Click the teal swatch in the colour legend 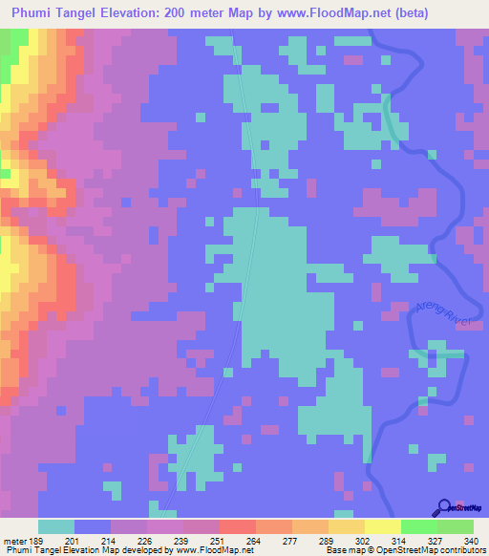tap(56, 526)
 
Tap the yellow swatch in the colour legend tap(383, 526)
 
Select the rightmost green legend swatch tap(456, 526)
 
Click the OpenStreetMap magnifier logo tap(444, 507)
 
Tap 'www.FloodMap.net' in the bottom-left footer tap(204, 550)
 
